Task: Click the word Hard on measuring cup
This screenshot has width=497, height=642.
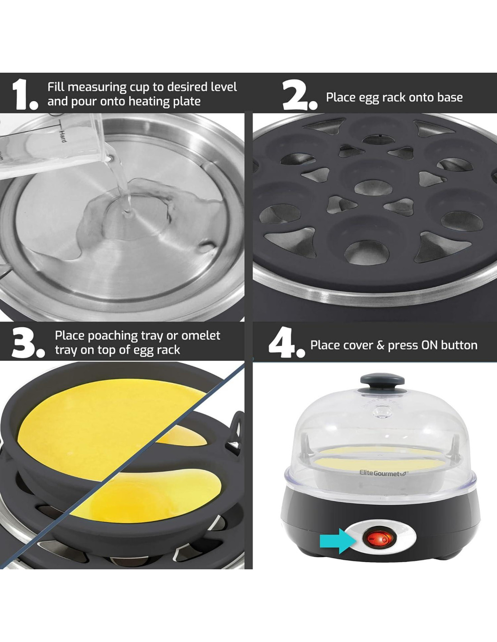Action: [x=63, y=136]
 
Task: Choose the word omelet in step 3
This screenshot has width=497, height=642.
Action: [x=201, y=335]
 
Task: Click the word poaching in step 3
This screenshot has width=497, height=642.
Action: [x=113, y=336]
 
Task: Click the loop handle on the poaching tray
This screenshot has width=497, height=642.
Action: [x=236, y=432]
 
